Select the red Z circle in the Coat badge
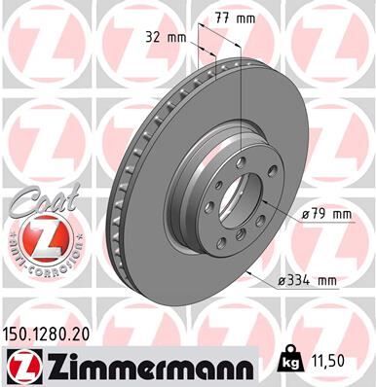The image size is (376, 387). pos(39,239)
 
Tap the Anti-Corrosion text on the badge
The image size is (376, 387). pos(39,265)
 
